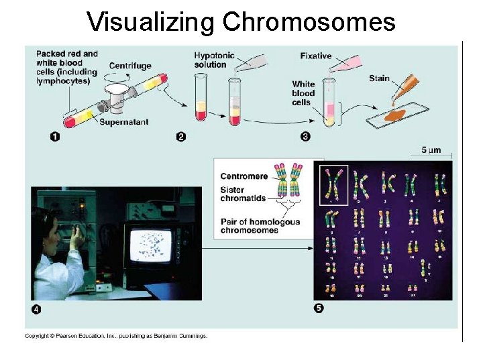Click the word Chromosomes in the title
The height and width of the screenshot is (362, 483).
tap(309, 22)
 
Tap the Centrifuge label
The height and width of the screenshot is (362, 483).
tap(131, 66)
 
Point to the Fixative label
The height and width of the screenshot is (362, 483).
tap(315, 56)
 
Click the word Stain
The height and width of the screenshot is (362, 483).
tap(379, 78)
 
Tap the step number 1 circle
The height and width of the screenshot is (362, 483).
tap(54, 137)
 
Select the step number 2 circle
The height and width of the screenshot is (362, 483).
tap(180, 137)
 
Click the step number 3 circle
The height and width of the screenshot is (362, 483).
tap(305, 137)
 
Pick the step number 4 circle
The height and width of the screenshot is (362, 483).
tap(37, 309)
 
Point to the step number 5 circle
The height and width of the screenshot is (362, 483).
tap(319, 308)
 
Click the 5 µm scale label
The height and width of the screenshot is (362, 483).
tap(431, 150)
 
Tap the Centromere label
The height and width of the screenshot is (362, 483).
tap(244, 176)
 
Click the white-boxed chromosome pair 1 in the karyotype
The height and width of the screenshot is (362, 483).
tap(333, 184)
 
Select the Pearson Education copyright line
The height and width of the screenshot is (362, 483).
tap(116, 336)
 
